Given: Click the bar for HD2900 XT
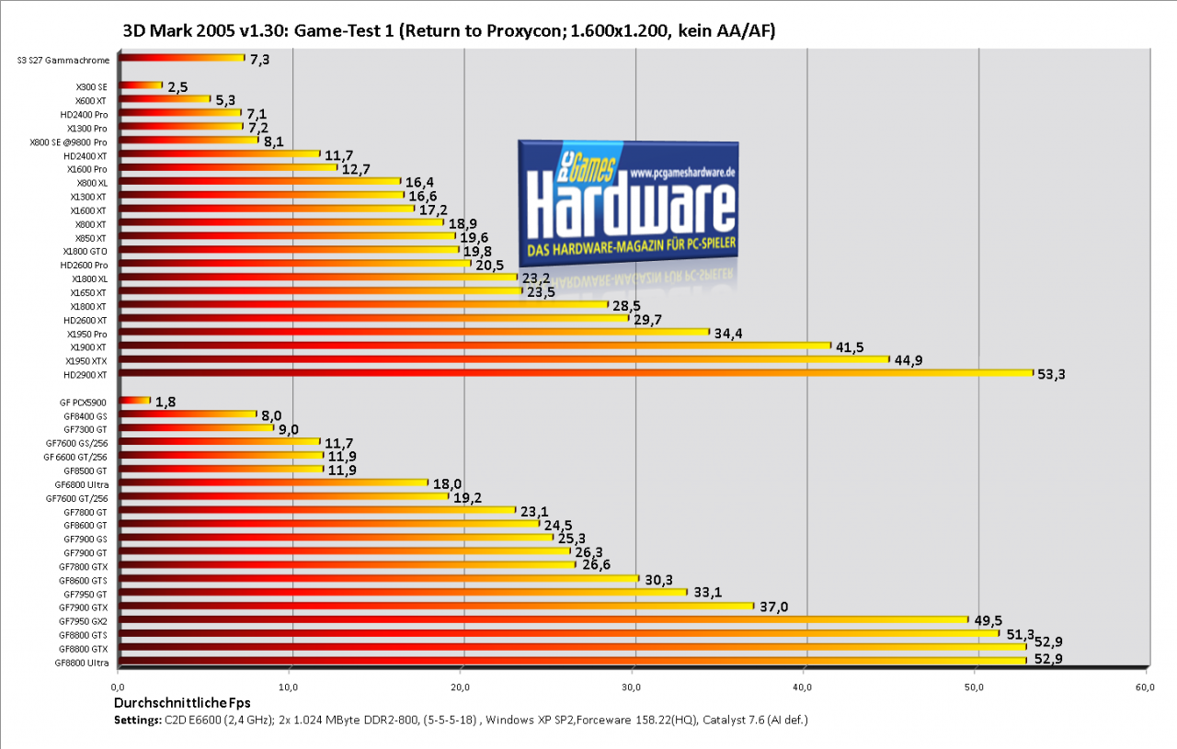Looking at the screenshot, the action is (x=576, y=373).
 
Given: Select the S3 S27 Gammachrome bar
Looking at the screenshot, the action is (x=182, y=58).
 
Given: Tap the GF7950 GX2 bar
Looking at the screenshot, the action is (x=543, y=619).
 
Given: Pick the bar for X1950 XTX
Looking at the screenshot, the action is (x=504, y=359).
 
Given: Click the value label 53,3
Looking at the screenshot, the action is (x=1051, y=375).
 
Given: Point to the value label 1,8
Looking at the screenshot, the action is (x=166, y=403).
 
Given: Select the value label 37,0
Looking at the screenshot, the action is (x=774, y=607).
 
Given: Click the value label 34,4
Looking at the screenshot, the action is (x=727, y=334).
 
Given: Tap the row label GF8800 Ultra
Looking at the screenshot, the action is (x=82, y=663).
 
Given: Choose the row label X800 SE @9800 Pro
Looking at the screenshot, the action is (x=68, y=142).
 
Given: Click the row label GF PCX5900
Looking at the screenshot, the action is (x=83, y=403).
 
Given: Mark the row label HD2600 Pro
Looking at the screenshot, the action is (x=84, y=266).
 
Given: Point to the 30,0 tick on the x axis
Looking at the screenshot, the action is (x=631, y=687).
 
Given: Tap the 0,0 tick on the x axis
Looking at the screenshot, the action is (x=118, y=687).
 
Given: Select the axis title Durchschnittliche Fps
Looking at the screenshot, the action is (x=182, y=703).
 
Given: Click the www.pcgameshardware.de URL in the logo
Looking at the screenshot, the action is (x=682, y=173).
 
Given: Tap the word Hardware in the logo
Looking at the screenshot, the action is (x=631, y=206).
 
